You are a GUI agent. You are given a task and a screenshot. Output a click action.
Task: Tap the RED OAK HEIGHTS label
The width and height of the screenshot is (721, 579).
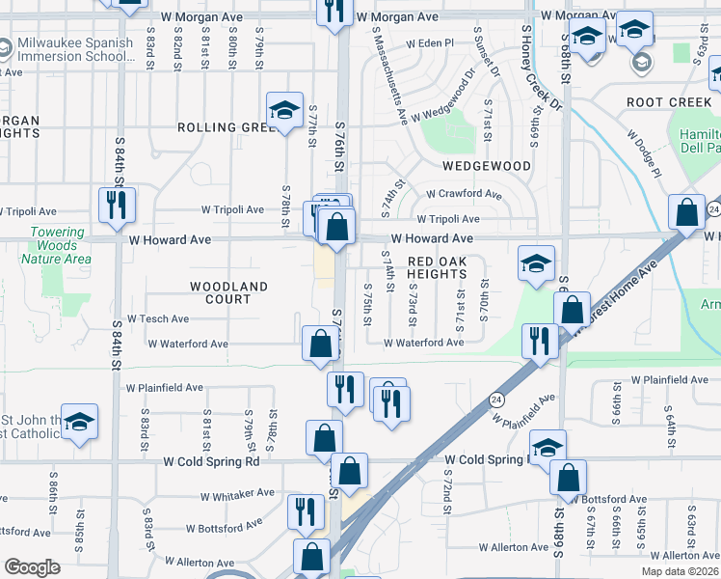coord(437,267)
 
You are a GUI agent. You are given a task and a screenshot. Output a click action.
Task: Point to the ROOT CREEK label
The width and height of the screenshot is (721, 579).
coord(666,101)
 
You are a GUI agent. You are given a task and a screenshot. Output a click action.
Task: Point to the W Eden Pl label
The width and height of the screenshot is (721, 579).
coord(429,43)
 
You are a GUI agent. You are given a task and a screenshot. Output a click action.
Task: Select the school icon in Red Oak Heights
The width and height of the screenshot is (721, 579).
coord(536,263)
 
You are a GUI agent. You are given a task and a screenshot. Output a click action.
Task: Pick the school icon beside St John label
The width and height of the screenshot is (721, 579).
coord(79,422)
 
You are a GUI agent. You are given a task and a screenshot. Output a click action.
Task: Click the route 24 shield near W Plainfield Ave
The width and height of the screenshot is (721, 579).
coord(495,398)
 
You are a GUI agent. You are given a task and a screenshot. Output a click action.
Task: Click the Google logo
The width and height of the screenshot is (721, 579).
coord(33,567)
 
